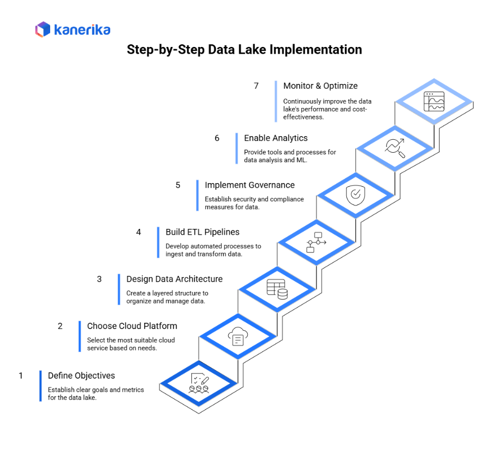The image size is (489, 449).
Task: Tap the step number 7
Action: pyautogui.click(x=256, y=86)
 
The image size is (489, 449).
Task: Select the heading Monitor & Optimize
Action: pyautogui.click(x=320, y=86)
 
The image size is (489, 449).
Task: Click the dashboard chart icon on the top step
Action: pyautogui.click(x=434, y=101)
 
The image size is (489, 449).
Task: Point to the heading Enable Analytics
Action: pyautogui.click(x=276, y=138)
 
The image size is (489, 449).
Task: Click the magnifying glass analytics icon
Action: pyautogui.click(x=394, y=148)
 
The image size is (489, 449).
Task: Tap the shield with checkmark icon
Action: pyautogui.click(x=355, y=195)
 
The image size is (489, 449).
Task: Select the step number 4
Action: pyautogui.click(x=138, y=232)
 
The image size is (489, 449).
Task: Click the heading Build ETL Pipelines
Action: pyautogui.click(x=203, y=232)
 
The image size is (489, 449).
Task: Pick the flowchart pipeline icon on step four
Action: pyautogui.click(x=316, y=242)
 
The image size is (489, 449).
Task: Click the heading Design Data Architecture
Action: pyautogui.click(x=174, y=279)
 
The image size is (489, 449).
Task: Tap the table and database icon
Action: pyautogui.click(x=277, y=289)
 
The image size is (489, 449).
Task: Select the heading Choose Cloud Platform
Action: pyautogui.click(x=132, y=326)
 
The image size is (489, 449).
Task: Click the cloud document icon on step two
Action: pyautogui.click(x=238, y=336)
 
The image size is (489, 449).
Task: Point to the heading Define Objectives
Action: pyautogui.click(x=81, y=375)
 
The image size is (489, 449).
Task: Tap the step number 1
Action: pyautogui.click(x=21, y=375)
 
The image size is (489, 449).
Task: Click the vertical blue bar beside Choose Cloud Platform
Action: pyautogui.click(x=80, y=336)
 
